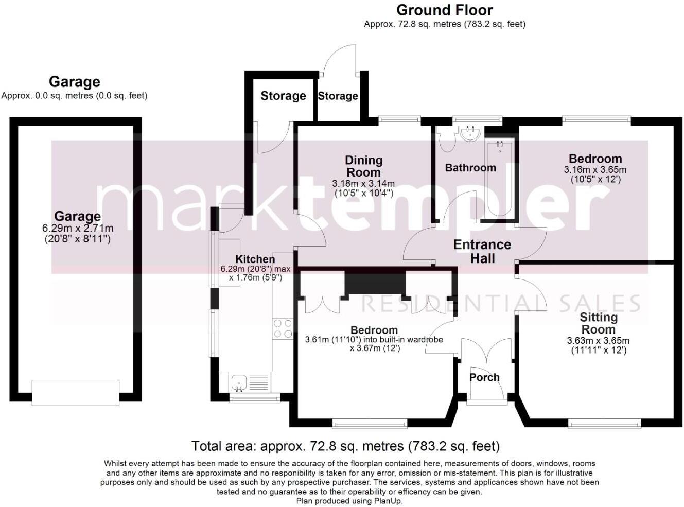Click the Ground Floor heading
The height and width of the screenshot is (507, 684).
coord(444,10)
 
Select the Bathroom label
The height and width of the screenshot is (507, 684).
coord(470,168)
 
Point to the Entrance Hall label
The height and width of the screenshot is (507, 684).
coord(482,251)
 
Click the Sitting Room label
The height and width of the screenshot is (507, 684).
coord(598,323)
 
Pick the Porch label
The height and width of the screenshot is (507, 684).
coord(484,377)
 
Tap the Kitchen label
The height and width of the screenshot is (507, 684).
coord(255,259)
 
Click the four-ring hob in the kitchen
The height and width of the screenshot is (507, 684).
coord(283,328)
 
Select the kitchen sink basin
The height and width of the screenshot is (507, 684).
coord(238,382)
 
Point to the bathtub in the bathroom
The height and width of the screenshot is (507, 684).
coord(499,179)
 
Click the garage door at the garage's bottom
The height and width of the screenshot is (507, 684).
coord(76,393)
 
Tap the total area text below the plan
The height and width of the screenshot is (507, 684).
coord(345,446)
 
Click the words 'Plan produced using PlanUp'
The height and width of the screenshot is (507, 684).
coord(349,501)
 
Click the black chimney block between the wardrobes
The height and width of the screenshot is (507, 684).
coord(375,283)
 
